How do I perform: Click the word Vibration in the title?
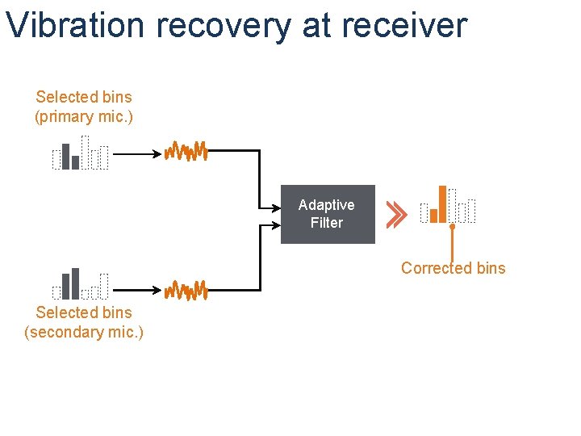[x=75, y=25]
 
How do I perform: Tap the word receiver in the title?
[x=404, y=25]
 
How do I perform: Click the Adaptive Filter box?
[x=328, y=214]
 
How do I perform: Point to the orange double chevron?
[x=396, y=215]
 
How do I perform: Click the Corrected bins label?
[x=454, y=268]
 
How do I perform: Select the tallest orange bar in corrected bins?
[x=442, y=204]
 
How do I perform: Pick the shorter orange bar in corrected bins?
[x=433, y=216]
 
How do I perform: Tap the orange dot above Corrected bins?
[x=452, y=226]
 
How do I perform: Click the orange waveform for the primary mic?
[x=186, y=151]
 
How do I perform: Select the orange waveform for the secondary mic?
[x=186, y=291]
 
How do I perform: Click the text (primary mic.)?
[x=84, y=117]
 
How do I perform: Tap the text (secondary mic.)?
[x=84, y=332]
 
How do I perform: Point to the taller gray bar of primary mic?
[x=65, y=157]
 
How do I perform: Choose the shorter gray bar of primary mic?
[x=75, y=163]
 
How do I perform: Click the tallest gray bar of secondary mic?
[x=75, y=283]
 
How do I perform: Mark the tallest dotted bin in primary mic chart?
[x=85, y=153]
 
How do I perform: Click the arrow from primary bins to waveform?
[x=137, y=154]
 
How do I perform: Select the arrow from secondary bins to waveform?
[x=137, y=290]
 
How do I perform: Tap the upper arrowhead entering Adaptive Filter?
[x=277, y=208]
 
